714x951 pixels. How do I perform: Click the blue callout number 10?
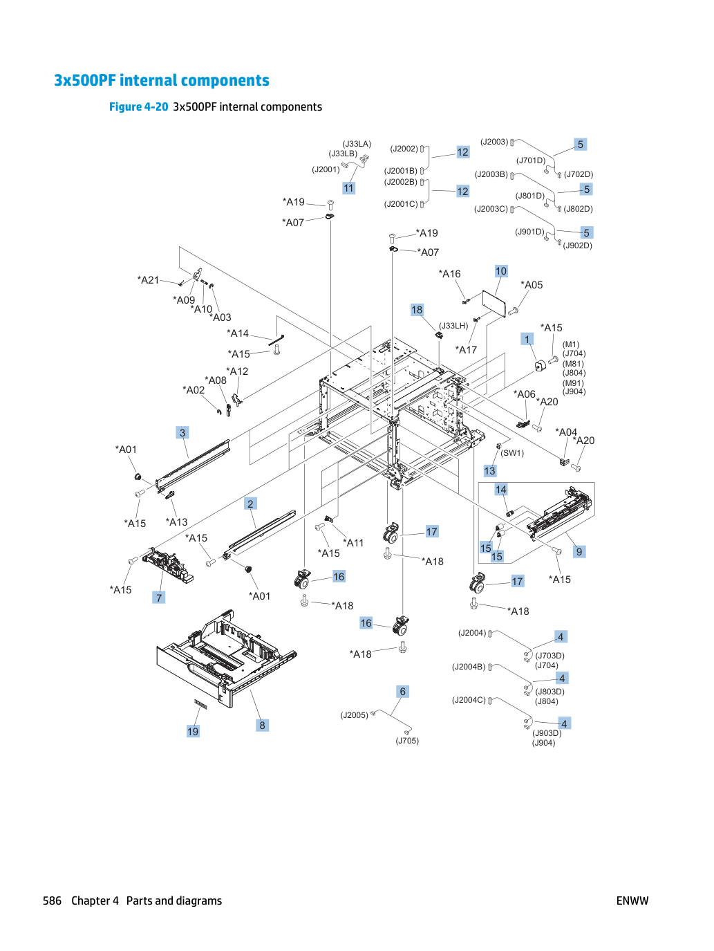tap(500, 271)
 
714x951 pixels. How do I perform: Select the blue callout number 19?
tap(193, 731)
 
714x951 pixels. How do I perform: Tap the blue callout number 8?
tap(262, 725)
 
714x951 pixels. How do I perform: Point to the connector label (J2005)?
tap(354, 715)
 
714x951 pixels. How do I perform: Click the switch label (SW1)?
tap(512, 453)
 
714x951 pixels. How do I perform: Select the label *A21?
tap(148, 280)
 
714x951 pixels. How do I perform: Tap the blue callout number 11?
tap(348, 188)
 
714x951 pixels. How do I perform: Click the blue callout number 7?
tap(159, 598)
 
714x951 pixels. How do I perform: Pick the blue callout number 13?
tap(489, 471)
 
